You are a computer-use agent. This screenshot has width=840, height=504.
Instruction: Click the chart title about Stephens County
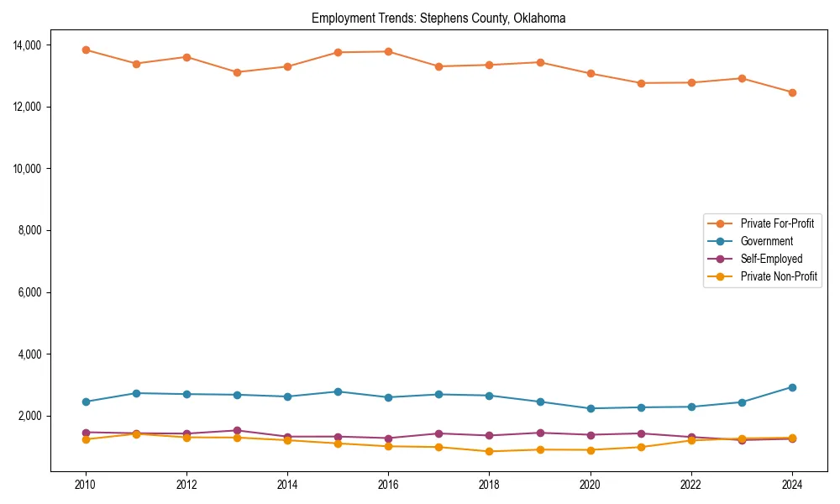tap(438, 18)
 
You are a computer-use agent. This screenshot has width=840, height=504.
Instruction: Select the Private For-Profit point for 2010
tap(86, 50)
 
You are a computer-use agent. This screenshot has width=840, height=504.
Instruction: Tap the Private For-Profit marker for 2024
tap(792, 92)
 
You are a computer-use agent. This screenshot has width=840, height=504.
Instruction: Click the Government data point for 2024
tap(792, 387)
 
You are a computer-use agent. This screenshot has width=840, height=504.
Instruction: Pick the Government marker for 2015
tap(338, 391)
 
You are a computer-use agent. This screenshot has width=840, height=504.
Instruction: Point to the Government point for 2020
tap(591, 408)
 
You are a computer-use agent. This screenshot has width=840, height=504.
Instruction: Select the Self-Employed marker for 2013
tap(237, 430)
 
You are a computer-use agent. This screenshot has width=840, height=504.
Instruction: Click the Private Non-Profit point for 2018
tap(489, 451)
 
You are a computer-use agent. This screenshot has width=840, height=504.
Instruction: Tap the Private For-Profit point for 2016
tap(388, 51)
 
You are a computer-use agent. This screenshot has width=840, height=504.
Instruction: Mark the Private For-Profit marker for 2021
tap(641, 83)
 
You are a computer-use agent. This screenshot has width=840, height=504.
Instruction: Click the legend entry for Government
tap(766, 241)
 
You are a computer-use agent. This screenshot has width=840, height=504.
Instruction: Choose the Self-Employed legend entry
tap(771, 259)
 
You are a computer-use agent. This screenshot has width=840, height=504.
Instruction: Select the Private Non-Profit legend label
tap(779, 276)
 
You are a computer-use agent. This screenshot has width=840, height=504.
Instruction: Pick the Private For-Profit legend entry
tap(777, 223)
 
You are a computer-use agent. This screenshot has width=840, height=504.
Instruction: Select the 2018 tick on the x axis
tap(489, 485)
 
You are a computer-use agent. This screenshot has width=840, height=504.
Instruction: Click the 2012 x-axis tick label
tap(186, 485)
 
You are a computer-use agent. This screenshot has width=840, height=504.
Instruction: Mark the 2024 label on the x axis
tap(792, 485)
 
